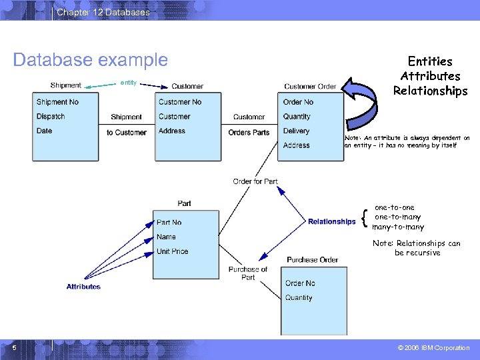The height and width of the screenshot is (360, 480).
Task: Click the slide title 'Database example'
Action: [x=91, y=60]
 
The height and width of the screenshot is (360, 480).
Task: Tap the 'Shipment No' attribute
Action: [x=57, y=102]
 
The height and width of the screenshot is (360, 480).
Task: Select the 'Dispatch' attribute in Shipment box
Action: [x=51, y=117]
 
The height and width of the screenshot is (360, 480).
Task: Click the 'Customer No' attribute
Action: [x=180, y=102]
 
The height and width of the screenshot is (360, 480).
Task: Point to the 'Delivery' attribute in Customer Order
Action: [x=297, y=131]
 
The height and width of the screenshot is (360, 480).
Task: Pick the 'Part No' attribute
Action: [x=169, y=223]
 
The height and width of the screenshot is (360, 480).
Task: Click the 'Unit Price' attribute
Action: [x=173, y=251]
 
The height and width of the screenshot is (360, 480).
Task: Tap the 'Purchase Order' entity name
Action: [x=313, y=260]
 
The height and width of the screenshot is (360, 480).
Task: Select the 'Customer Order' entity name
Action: [x=310, y=86]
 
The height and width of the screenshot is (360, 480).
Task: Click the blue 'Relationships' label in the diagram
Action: [x=332, y=221]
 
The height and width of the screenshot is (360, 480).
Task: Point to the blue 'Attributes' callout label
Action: [x=83, y=287]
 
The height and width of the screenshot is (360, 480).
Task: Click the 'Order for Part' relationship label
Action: [x=255, y=181]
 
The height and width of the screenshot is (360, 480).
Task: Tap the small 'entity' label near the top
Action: [x=128, y=83]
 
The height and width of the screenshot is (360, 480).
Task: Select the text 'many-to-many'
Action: [x=398, y=227]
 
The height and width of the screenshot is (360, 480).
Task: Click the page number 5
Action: [x=14, y=347]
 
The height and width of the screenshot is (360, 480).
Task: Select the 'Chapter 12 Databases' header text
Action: [x=103, y=12]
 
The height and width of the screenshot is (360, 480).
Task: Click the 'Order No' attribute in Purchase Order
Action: [x=300, y=283]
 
